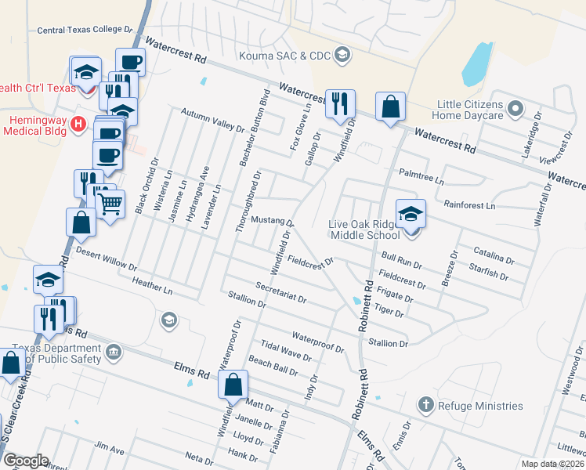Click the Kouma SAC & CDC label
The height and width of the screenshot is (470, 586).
coord(286,55)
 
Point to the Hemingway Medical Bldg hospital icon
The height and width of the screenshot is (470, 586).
coord(78,123)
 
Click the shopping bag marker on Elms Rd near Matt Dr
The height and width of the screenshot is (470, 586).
coord(233,385)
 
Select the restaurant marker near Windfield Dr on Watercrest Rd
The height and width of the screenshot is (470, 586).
coord(340,104)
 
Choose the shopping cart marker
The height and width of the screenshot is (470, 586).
coord(110,204)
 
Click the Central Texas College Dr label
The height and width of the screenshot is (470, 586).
coord(85,30)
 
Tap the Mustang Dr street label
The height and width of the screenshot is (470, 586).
coord(272,222)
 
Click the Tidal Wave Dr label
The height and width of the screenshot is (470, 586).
coord(280,347)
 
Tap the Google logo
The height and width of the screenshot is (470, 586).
coord(26,461)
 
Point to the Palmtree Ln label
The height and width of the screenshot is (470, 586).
coord(421,175)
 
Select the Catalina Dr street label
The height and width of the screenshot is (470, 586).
coord(494,255)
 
